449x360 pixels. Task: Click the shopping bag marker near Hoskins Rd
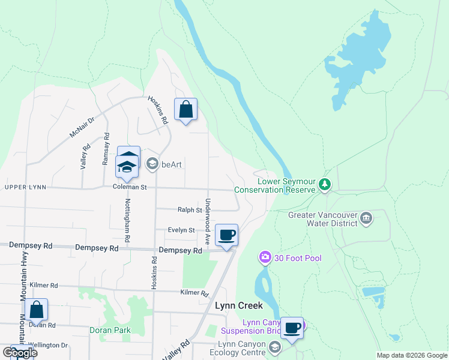(x=185, y=110)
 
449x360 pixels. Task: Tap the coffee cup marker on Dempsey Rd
(x=226, y=235)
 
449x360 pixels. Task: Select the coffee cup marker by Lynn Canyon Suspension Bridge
(x=292, y=328)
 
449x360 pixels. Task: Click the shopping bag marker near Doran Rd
(x=37, y=310)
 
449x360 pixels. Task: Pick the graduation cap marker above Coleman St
(x=127, y=166)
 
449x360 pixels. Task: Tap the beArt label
(x=171, y=163)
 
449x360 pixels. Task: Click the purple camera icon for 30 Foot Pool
(x=265, y=258)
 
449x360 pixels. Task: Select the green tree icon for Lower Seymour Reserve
(x=325, y=183)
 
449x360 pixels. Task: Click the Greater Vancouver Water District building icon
(x=365, y=217)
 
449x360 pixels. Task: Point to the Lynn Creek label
(x=239, y=305)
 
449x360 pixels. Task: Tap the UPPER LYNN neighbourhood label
(x=25, y=187)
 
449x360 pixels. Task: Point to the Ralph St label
(x=190, y=210)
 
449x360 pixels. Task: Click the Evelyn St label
(x=181, y=230)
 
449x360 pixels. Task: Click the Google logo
(x=20, y=352)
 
